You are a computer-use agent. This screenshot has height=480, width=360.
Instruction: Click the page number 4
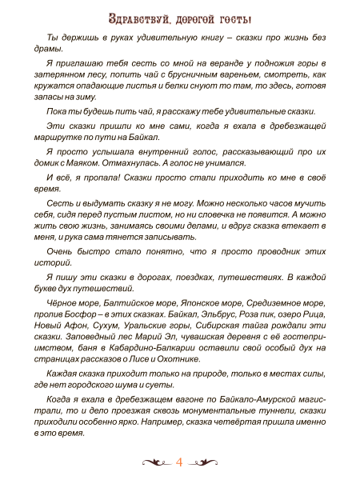pos(180,462)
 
